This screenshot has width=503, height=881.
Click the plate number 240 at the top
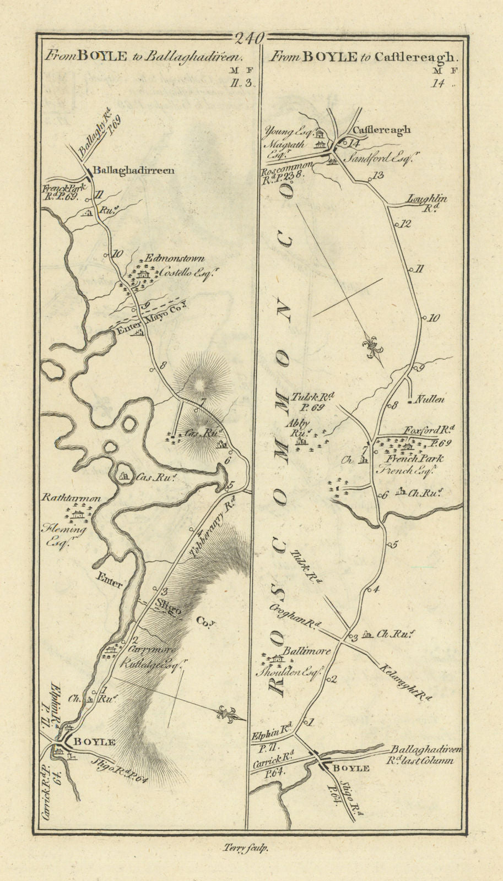click(x=250, y=39)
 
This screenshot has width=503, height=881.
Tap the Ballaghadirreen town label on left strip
click(x=133, y=171)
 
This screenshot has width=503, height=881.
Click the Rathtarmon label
click(x=71, y=498)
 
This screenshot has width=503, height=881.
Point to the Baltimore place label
click(x=307, y=651)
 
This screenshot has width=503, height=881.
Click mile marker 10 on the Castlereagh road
click(x=434, y=318)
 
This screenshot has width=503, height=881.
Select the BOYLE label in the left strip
click(x=94, y=742)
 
